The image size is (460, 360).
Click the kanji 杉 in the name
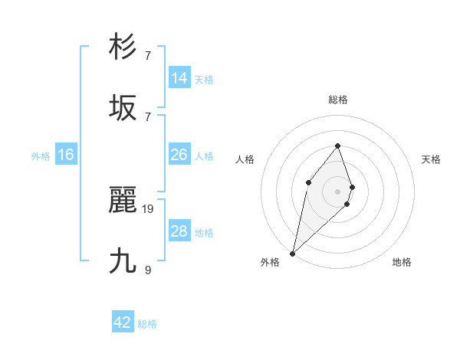(123, 47)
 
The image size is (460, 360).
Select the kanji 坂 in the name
(123, 108)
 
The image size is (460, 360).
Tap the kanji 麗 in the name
(123, 201)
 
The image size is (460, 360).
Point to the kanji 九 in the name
(123, 261)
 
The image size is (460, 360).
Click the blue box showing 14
(179, 78)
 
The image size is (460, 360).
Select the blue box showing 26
(179, 155)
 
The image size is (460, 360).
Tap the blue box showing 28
(179, 231)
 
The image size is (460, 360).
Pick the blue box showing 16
(66, 155)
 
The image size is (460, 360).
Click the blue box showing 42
(123, 322)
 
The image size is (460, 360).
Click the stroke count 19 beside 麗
(148, 208)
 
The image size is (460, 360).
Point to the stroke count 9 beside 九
(148, 270)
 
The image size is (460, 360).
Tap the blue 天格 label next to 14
(204, 80)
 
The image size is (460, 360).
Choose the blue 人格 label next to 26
(204, 156)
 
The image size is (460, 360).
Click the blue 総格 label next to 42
(147, 324)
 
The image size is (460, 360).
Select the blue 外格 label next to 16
(41, 156)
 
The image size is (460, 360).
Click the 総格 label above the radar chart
(338, 100)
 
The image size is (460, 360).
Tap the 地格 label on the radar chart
(402, 262)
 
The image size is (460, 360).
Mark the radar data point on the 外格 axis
(292, 253)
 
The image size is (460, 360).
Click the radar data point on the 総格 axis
(337, 146)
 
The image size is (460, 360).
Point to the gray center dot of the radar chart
(337, 191)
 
